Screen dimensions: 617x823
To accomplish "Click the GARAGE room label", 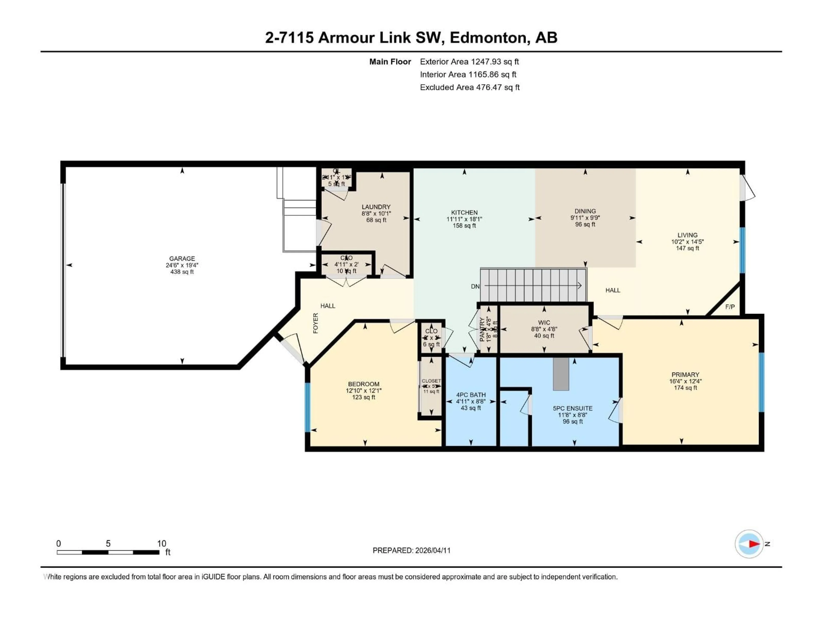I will (x=182, y=259).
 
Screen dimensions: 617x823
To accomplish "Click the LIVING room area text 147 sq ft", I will (x=687, y=248).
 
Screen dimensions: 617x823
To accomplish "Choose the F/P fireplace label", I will (x=730, y=307).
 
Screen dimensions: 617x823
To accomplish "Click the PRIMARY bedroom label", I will (x=685, y=374).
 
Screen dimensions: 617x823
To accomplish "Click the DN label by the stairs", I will (x=475, y=286).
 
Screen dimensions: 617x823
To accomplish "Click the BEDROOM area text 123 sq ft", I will (x=363, y=397).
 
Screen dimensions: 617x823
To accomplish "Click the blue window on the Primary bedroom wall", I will (x=761, y=382).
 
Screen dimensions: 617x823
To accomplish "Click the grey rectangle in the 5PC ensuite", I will (x=561, y=374).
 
